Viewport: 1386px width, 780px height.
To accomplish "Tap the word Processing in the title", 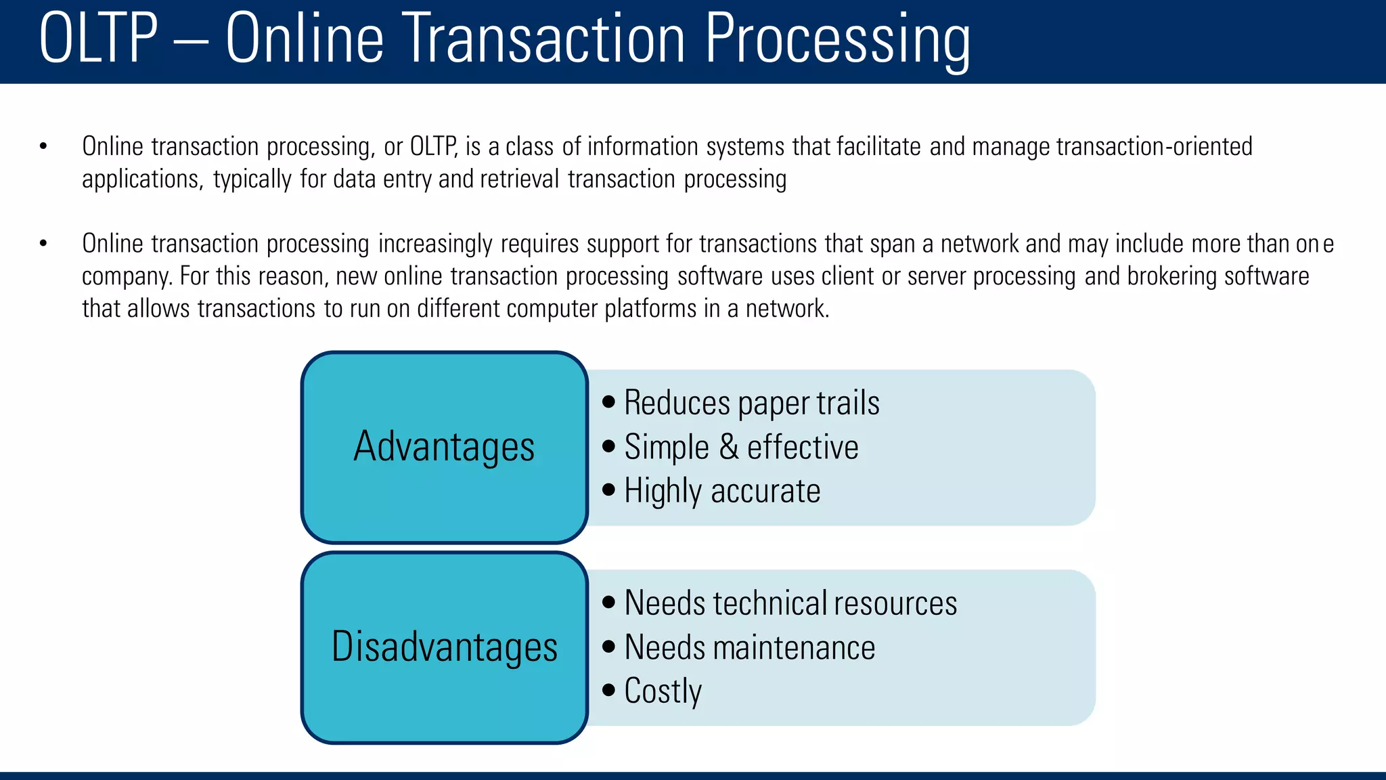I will coord(837,39).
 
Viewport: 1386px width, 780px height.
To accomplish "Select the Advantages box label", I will coord(444,447).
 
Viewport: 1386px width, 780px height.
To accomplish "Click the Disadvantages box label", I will coord(444,647).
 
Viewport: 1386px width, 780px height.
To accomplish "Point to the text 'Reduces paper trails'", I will coord(751,403).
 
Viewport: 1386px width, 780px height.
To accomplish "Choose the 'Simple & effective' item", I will coord(741,447).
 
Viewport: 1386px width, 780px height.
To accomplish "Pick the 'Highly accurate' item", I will coord(722,491).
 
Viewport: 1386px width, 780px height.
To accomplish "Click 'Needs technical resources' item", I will coord(790,603).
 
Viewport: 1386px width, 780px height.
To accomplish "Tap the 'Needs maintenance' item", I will coord(749,647).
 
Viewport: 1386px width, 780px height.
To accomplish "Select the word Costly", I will coord(663,691).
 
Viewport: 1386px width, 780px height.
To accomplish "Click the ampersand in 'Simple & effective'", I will coord(728,447).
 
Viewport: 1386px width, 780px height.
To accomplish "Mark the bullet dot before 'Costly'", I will coord(608,690).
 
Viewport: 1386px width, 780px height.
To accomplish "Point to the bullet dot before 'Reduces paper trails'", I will coord(608,402).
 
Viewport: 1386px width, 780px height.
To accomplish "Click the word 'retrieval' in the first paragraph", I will coord(519,179).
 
